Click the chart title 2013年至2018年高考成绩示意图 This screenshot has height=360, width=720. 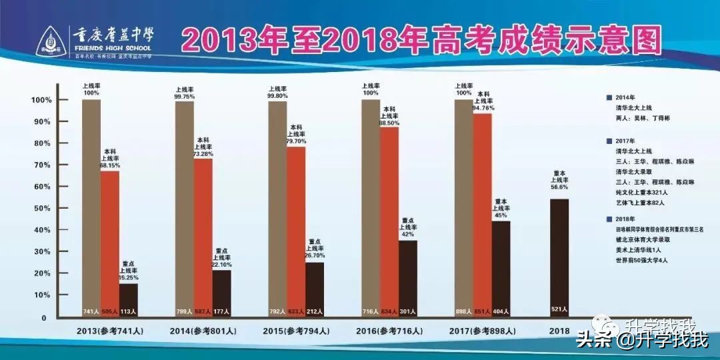pyautogui.click(x=422, y=41)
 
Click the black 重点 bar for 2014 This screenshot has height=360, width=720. pyautogui.click(x=222, y=293)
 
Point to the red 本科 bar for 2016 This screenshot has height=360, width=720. pyautogui.click(x=389, y=220)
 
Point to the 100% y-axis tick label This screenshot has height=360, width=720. pyautogui.click(x=41, y=100)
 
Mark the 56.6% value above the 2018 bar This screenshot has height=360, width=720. pyautogui.click(x=559, y=187)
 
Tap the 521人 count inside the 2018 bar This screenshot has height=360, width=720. pyautogui.click(x=559, y=309)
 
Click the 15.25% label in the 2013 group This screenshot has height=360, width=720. pyautogui.click(x=129, y=277)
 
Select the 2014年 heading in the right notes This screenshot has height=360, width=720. pyautogui.click(x=626, y=97)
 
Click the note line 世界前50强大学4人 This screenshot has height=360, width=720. pyautogui.click(x=642, y=259)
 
